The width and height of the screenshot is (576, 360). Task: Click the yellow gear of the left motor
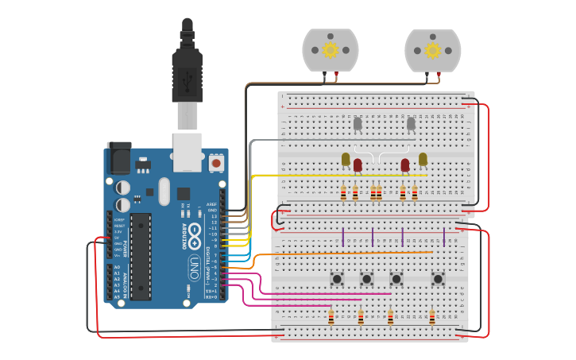click(330, 50)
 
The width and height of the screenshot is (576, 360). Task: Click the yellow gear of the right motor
click(432, 50)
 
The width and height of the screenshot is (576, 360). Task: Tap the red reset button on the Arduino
click(216, 163)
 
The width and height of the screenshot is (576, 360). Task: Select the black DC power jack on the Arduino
click(118, 157)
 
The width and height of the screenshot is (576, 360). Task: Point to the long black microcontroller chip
click(141, 256)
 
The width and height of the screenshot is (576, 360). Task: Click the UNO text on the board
click(194, 267)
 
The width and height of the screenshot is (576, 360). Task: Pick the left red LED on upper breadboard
click(358, 165)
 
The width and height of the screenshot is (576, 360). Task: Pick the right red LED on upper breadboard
click(405, 165)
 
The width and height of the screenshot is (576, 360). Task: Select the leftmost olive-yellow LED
click(346, 159)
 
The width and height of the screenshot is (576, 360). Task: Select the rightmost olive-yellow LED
click(423, 159)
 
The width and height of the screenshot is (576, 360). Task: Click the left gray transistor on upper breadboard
click(358, 123)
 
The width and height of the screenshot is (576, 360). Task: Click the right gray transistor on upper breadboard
click(411, 123)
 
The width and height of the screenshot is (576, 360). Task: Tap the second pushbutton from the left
click(366, 278)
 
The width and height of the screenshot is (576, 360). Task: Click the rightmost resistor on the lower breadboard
click(432, 318)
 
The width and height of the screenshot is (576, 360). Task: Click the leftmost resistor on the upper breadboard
click(343, 193)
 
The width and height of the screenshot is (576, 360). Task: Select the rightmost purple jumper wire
click(443, 237)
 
